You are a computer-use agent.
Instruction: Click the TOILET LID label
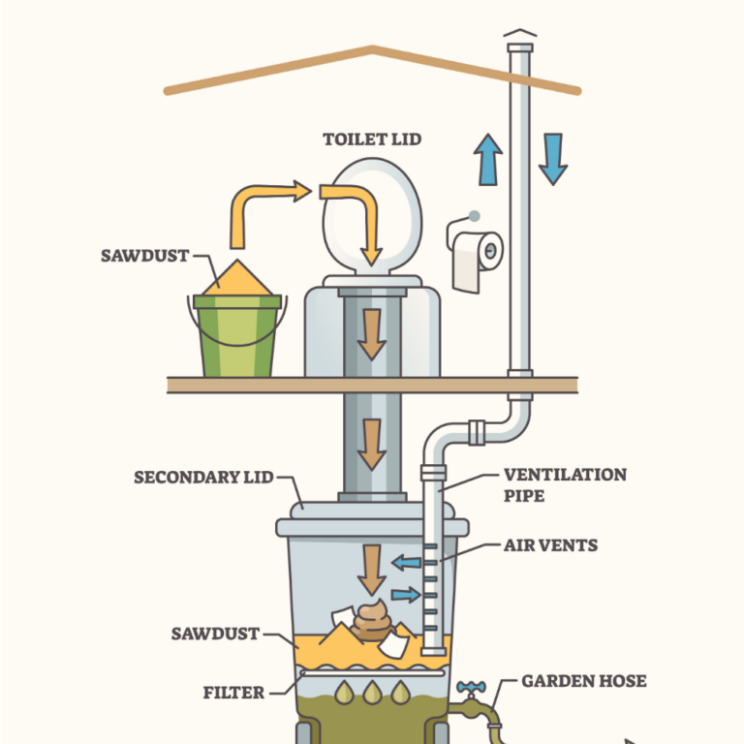[x=373, y=139]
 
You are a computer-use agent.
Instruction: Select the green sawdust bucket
[x=237, y=335]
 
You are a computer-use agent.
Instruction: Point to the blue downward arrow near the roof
[x=552, y=158]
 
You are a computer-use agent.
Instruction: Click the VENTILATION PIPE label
[x=565, y=484]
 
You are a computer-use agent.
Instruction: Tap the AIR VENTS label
[x=550, y=545]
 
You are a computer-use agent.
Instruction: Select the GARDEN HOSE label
[x=583, y=681]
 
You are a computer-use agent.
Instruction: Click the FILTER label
[x=233, y=693]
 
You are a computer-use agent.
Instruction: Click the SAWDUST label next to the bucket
[x=144, y=257]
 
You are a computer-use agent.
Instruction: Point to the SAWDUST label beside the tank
[x=215, y=634]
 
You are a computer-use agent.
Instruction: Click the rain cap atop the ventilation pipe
[x=520, y=38]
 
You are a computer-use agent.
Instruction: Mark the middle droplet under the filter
[x=372, y=693]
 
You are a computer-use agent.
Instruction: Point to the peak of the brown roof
[x=371, y=47]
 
